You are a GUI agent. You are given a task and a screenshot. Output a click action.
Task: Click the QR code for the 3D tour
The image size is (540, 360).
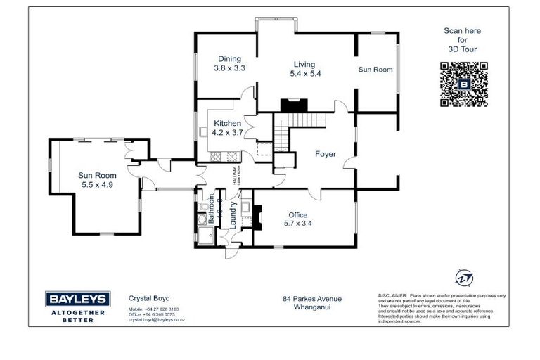[x=463, y=84]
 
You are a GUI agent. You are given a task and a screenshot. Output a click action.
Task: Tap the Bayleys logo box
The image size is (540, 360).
[x=76, y=299]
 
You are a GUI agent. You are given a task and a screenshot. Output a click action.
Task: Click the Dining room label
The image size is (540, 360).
[x=229, y=59]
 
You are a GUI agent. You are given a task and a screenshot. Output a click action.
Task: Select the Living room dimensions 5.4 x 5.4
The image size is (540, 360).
[x=305, y=73]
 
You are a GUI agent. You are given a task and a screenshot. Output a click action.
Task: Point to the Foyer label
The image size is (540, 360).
[x=325, y=154]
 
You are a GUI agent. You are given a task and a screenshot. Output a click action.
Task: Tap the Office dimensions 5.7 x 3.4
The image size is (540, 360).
[x=299, y=224]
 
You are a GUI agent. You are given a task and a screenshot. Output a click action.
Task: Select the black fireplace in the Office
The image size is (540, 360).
[x=258, y=217]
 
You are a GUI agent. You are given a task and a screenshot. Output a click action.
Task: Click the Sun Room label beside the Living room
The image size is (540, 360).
[x=375, y=70]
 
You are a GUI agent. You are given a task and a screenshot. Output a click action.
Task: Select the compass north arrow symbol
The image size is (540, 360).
[x=463, y=277]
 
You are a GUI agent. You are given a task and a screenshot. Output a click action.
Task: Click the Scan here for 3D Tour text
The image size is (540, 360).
[x=463, y=40]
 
